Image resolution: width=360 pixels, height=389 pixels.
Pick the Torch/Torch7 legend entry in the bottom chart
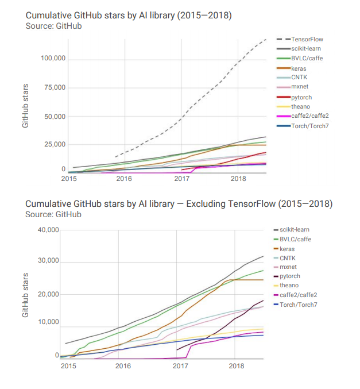[299, 304]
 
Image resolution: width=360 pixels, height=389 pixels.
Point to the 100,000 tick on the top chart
[53, 59]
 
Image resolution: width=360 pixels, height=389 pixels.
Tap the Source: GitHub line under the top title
[54, 26]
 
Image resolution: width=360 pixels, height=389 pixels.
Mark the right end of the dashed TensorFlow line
[266, 39]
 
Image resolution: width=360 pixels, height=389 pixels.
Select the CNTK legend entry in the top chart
[299, 78]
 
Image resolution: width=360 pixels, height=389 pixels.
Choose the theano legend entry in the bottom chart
[289, 286]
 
